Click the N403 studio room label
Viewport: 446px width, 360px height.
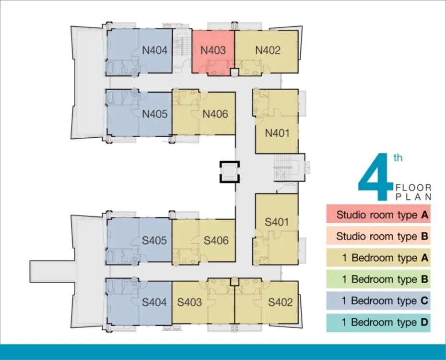pos(213,50)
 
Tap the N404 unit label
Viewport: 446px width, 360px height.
pos(155,50)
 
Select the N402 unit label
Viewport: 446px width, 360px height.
pos(268,50)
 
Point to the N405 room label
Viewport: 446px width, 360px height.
pos(155,114)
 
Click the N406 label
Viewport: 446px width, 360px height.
pos(215,114)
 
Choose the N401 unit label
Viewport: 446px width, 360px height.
pos(277,133)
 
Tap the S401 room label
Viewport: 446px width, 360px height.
pos(277,222)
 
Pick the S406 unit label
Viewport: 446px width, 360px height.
pos(216,241)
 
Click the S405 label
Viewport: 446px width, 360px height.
pos(154,241)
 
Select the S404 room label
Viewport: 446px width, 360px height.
pos(154,302)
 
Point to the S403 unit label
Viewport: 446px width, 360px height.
pos(189,302)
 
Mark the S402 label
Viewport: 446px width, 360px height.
pos(281,302)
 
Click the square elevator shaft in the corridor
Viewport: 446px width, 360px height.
pos(229,172)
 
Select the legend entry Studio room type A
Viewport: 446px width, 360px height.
pos(378,214)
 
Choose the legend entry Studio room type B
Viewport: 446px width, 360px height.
pos(378,236)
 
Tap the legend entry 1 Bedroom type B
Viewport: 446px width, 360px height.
pos(378,279)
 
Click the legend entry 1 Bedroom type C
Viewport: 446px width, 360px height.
pos(378,301)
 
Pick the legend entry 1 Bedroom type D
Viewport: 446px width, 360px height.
pos(378,323)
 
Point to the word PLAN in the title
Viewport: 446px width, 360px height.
pos(414,197)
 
